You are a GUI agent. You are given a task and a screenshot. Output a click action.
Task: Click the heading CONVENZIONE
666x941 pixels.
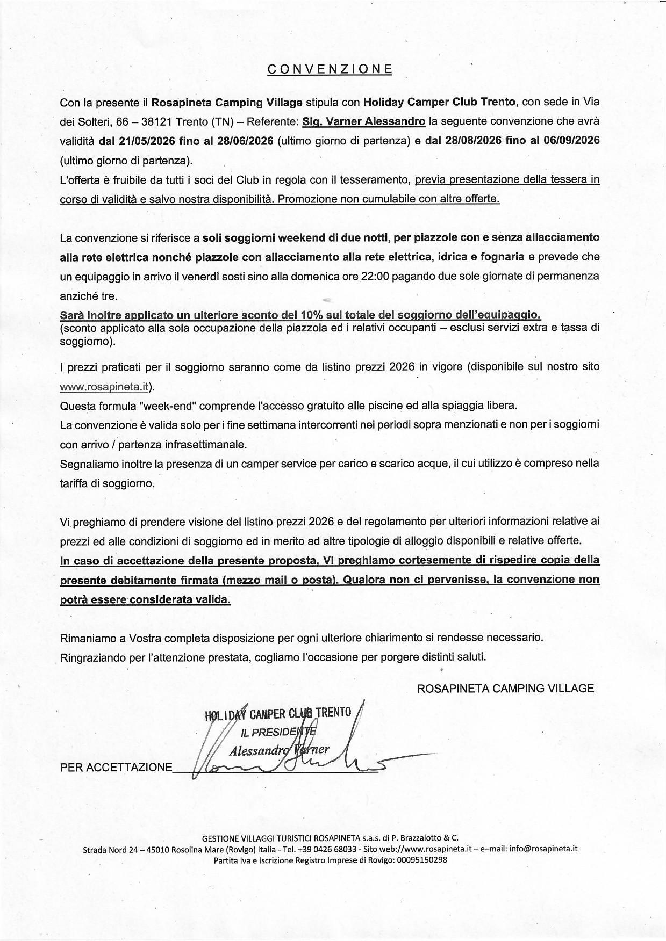[x=330, y=69]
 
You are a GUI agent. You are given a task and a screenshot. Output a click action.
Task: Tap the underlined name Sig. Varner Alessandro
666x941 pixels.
[x=364, y=121]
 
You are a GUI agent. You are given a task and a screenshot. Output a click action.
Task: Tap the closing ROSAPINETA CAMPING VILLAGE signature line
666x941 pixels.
[x=505, y=689]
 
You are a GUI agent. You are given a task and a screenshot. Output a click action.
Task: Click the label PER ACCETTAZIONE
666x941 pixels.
[x=116, y=768]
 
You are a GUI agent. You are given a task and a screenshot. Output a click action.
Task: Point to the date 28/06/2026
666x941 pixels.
[x=246, y=141]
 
